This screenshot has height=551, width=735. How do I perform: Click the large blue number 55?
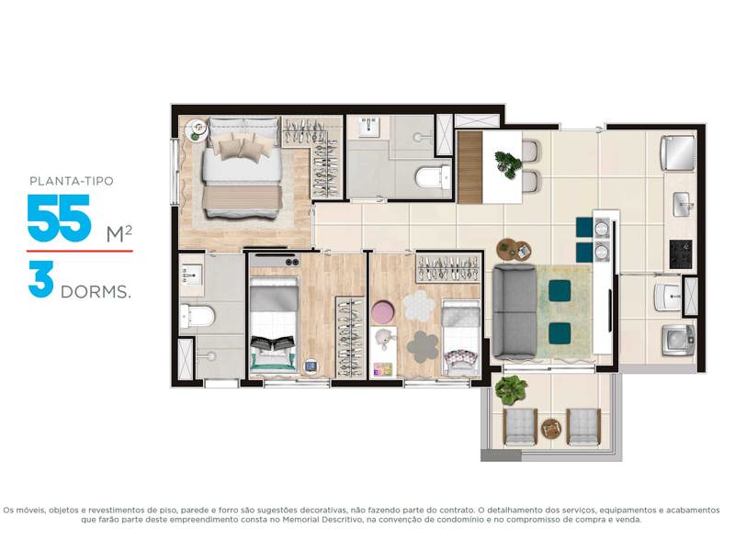[x=59, y=218]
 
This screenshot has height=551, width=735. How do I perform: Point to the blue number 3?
[x=40, y=281]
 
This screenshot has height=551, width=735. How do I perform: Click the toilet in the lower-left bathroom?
[x=199, y=317]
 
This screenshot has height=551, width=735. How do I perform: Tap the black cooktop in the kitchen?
[x=680, y=250]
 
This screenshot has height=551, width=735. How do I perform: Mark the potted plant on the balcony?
[x=511, y=390]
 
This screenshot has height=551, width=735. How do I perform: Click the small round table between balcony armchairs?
[x=551, y=427]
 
